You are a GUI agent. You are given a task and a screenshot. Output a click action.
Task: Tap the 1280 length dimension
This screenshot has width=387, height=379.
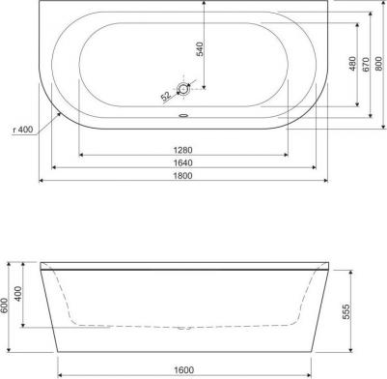point(179,150)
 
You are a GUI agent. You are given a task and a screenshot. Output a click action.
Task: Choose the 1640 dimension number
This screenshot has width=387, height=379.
point(179,163)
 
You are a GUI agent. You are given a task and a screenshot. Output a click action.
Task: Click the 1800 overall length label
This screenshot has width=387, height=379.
point(179,177)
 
